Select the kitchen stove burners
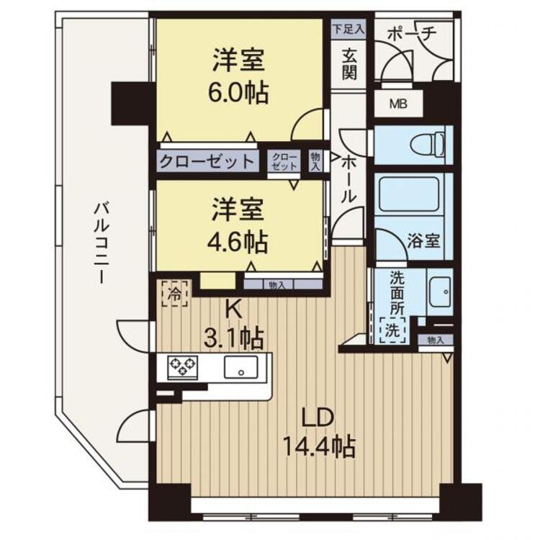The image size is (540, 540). click(x=183, y=367)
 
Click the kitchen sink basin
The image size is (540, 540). click(x=241, y=367)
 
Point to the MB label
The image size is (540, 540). click(x=398, y=104)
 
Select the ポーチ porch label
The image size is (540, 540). click(x=412, y=34)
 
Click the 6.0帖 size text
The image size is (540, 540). click(x=238, y=92)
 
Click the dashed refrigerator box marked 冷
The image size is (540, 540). click(x=175, y=294)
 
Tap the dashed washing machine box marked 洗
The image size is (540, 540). click(x=393, y=330)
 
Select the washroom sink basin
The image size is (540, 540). click(x=440, y=292)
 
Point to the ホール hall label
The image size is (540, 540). click(x=348, y=179)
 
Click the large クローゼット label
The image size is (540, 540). click(x=207, y=161)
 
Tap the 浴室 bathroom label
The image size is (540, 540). click(x=423, y=240)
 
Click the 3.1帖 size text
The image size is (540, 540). click(x=234, y=338)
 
